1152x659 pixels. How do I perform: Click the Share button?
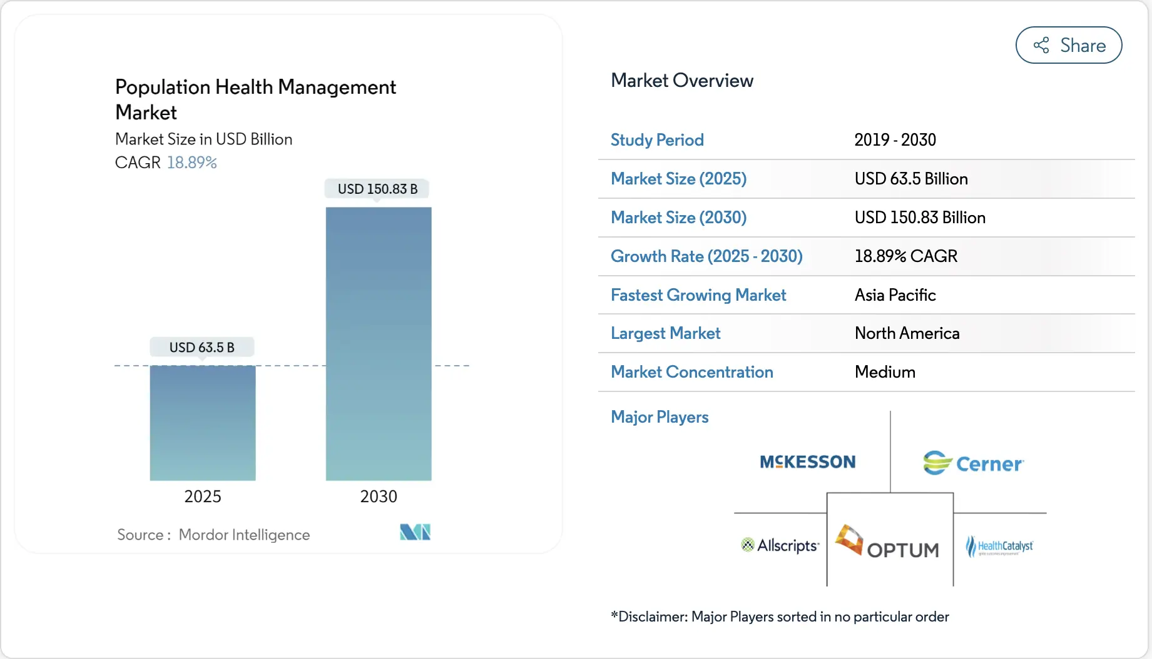[1068, 45]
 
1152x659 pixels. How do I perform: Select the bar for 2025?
[203, 423]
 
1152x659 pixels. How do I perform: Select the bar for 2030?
[379, 344]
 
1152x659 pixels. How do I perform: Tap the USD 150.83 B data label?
[377, 189]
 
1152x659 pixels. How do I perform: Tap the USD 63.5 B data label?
[201, 347]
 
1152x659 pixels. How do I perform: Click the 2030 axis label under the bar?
[379, 496]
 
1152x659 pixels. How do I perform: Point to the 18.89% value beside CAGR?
[191, 163]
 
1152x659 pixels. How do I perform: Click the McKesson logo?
[807, 462]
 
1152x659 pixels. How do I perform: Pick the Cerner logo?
[973, 463]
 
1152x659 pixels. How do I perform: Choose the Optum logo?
[889, 542]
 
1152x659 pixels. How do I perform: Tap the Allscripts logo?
[780, 545]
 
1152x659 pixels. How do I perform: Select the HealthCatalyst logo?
[999, 546]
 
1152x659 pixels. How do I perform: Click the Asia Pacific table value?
[895, 295]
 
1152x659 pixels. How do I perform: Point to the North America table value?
[907, 333]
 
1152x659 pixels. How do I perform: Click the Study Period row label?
[657, 140]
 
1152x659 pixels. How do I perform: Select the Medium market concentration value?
[885, 372]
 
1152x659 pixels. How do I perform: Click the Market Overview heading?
[681, 81]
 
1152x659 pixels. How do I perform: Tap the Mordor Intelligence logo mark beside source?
[415, 532]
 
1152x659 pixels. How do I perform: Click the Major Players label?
[660, 417]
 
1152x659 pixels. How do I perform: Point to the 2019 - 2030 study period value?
[895, 140]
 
